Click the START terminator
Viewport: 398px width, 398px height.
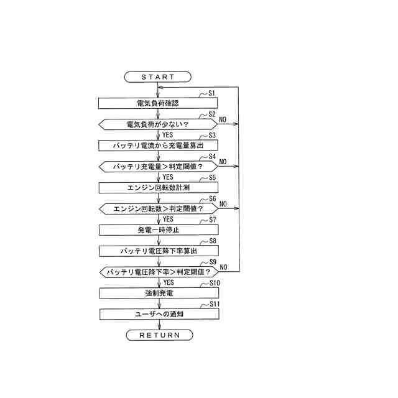(159, 76)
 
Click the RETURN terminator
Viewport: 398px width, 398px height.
(159, 335)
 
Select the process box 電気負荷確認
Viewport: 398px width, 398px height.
(159, 103)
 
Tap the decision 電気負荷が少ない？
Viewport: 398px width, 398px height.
(159, 124)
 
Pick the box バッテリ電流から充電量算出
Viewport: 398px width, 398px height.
(159, 145)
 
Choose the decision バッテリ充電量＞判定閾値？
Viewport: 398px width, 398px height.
(159, 167)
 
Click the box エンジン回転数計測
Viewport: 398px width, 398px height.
(159, 187)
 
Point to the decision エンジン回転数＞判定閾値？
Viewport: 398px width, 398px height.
(159, 209)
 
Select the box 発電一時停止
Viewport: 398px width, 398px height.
(159, 229)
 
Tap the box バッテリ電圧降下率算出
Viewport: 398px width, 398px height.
(159, 251)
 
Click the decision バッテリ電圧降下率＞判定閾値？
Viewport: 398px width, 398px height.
(159, 272)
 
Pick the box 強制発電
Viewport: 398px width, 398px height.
(159, 293)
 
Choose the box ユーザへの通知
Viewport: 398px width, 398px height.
(159, 314)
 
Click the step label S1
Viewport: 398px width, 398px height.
(211, 93)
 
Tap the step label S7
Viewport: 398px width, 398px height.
(211, 220)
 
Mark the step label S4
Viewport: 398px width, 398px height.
(211, 156)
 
